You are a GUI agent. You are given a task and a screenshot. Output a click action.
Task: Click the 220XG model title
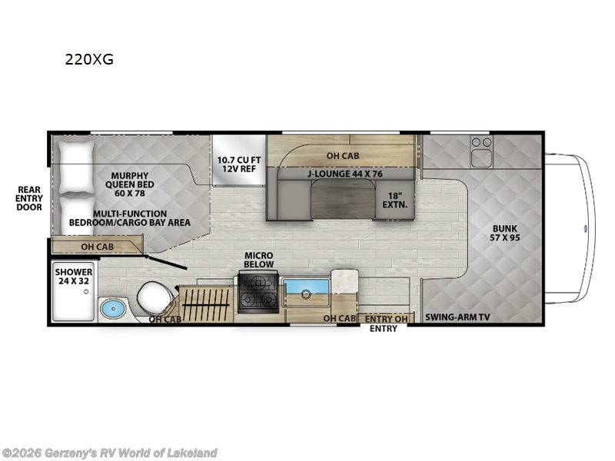[x=89, y=59]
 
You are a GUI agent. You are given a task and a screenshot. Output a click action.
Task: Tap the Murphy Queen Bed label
[x=129, y=184]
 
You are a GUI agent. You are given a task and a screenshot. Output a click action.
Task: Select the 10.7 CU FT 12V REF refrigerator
[x=239, y=161]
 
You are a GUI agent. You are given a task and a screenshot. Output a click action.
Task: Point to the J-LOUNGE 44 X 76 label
[x=344, y=174]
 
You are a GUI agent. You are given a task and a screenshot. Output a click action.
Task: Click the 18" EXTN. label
[x=394, y=200]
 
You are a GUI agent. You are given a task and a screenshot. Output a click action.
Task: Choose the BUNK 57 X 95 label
[x=505, y=233]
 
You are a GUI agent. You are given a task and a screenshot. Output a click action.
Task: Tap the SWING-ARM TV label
[x=457, y=317]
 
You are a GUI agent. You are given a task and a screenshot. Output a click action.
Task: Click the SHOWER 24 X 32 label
[x=74, y=277]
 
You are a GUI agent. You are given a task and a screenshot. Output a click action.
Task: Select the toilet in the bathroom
[x=155, y=297]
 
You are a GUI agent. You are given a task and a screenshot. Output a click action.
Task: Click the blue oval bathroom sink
[x=113, y=309]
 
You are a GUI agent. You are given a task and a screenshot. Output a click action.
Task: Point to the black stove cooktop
[x=258, y=293]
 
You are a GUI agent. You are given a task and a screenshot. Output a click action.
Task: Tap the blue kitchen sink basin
[x=306, y=287]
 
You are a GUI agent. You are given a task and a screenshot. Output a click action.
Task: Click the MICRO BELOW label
[x=259, y=260]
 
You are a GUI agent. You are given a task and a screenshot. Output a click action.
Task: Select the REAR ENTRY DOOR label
[x=29, y=198]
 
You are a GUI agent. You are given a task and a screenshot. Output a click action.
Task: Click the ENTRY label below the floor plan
[x=383, y=329]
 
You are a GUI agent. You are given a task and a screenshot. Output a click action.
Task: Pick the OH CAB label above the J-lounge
[x=343, y=156]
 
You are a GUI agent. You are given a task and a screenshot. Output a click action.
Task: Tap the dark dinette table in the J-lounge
[x=343, y=199]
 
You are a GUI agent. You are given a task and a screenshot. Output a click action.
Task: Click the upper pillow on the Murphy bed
[x=76, y=167]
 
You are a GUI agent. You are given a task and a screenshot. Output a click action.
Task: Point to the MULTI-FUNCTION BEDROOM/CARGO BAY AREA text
[x=130, y=218]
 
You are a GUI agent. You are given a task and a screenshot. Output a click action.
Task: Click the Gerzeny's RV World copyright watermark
[x=109, y=453]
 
